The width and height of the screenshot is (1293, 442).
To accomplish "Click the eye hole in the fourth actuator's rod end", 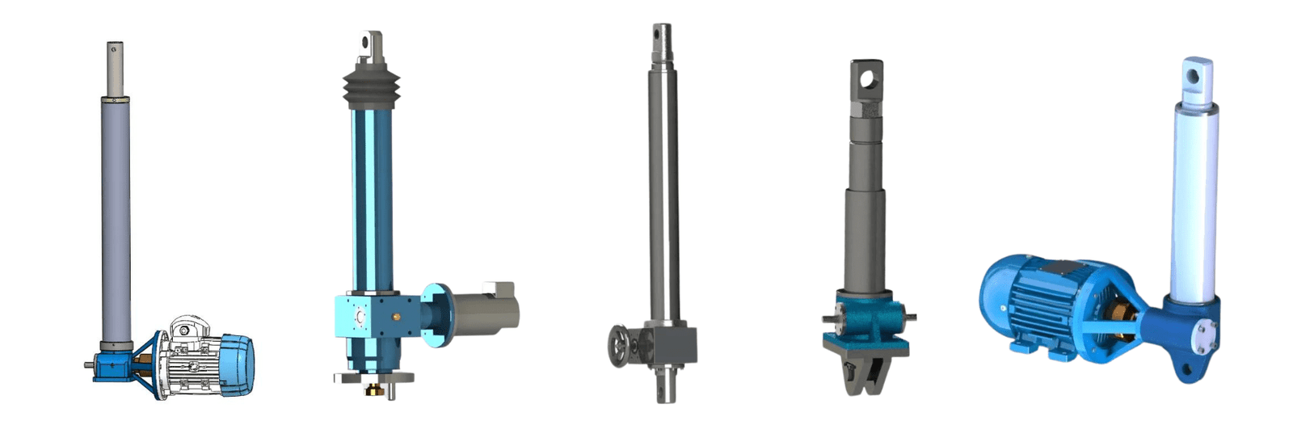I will tap(867, 78).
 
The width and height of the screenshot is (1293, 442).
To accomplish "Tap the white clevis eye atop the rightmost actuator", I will tap(1195, 76).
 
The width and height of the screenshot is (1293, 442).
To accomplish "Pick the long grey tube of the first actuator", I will tap(116, 218).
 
